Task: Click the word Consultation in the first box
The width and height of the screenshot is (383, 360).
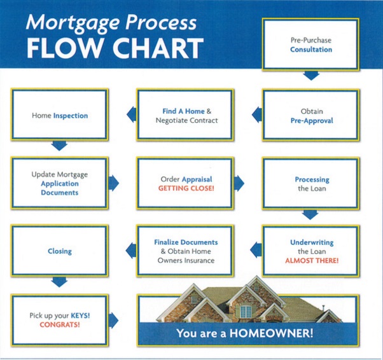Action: pos(311,50)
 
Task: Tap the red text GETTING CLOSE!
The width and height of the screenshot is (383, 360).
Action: pos(186,188)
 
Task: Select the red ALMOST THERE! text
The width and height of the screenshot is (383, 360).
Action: pos(312,261)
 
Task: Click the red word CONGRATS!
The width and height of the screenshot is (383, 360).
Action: pos(60,324)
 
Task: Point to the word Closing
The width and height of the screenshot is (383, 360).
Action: pos(60,251)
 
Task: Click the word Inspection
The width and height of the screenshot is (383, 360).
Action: pos(71,116)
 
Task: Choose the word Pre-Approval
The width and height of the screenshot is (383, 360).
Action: pos(312,121)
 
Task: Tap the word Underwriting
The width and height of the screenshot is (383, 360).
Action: pos(312,242)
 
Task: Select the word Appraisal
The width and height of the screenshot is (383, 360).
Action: pos(197,179)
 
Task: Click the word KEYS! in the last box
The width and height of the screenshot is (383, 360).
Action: pos(80,315)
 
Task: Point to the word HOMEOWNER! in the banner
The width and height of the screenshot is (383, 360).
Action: pos(271,333)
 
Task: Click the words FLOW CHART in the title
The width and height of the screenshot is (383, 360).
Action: pos(115,48)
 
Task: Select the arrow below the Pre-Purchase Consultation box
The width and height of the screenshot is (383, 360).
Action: pos(311,76)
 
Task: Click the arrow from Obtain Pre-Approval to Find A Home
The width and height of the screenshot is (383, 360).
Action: pos(257,114)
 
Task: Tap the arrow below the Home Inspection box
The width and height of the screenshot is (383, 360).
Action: pos(59,146)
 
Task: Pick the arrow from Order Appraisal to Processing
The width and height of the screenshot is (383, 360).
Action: pos(239,183)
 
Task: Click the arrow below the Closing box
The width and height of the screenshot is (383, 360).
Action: pos(59,282)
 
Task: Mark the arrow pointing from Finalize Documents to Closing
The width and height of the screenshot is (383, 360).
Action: pos(131,251)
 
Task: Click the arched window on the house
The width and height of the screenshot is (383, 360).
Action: pos(246,310)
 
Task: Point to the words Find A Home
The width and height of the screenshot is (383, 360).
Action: pos(183,111)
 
